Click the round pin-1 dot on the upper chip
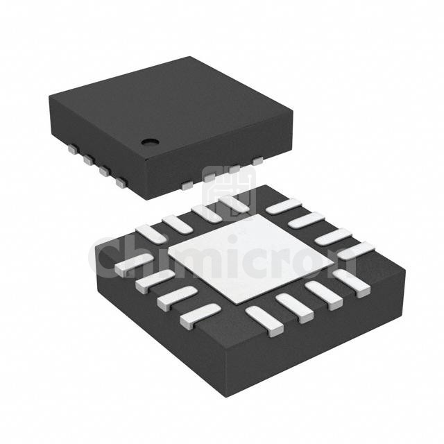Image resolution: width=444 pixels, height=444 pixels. tap(150, 142)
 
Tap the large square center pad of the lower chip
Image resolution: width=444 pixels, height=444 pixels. tap(251, 259)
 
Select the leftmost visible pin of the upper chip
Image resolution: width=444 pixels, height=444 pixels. tap(73, 148)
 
